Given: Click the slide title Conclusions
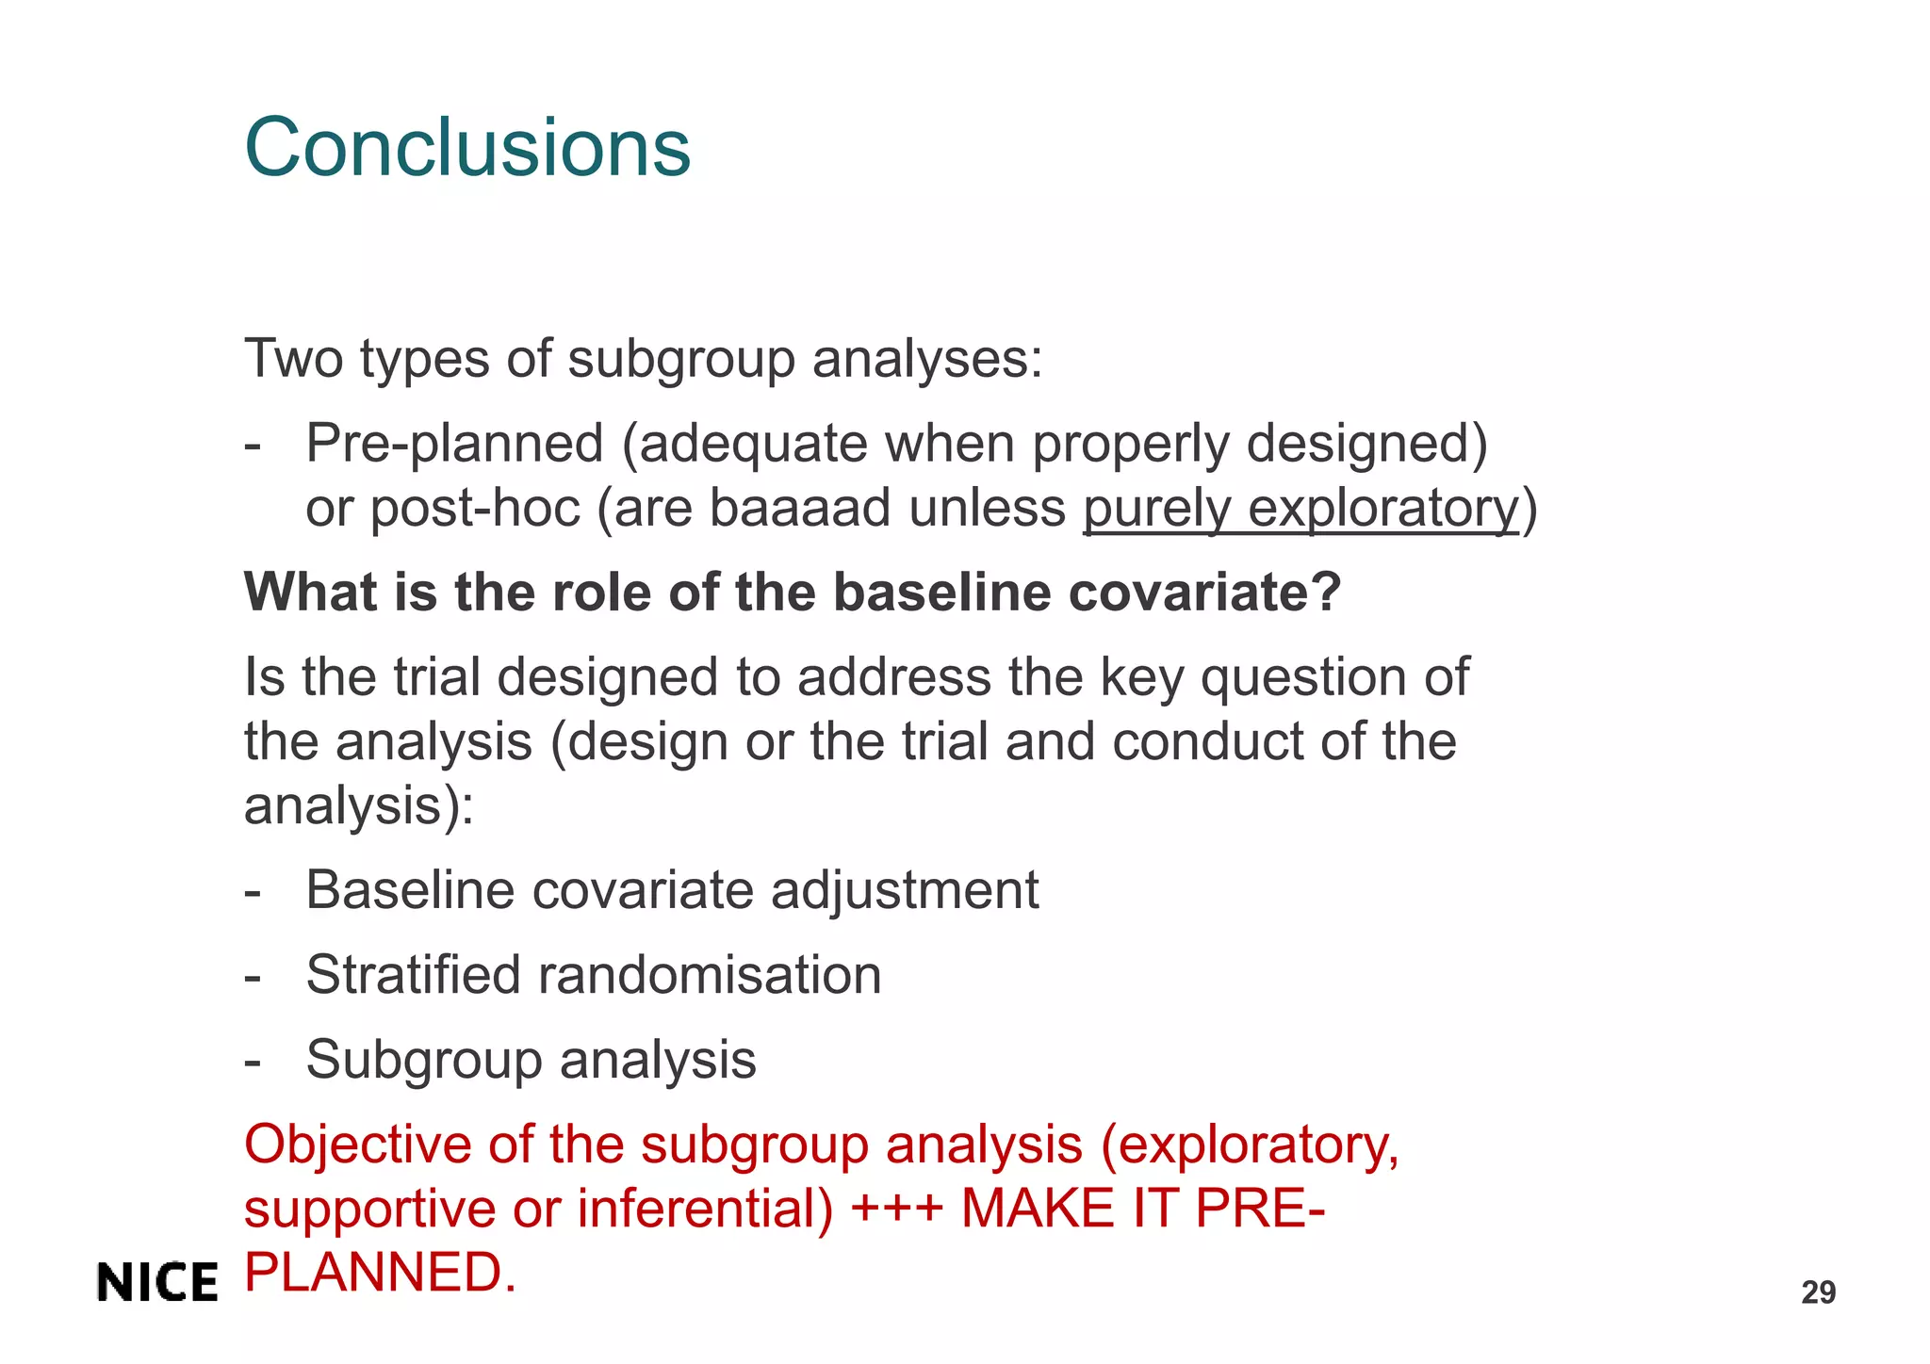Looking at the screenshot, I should click(x=467, y=148).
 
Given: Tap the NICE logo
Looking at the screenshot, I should click(x=157, y=1283).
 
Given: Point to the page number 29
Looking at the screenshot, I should click(x=1818, y=1292).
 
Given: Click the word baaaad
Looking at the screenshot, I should click(x=800, y=509).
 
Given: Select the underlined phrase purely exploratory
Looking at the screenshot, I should click(x=1300, y=509).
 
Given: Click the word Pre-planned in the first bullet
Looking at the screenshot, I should click(x=454, y=444).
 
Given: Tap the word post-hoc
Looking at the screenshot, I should click(x=474, y=509).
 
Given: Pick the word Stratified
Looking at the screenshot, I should click(x=413, y=974).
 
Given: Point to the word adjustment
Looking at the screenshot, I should click(x=905, y=890).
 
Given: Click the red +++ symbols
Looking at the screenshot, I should click(x=896, y=1209).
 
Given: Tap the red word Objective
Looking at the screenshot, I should click(x=357, y=1145).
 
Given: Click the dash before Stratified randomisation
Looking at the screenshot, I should click(x=253, y=976).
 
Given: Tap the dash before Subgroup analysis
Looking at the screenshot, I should click(x=253, y=1061).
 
